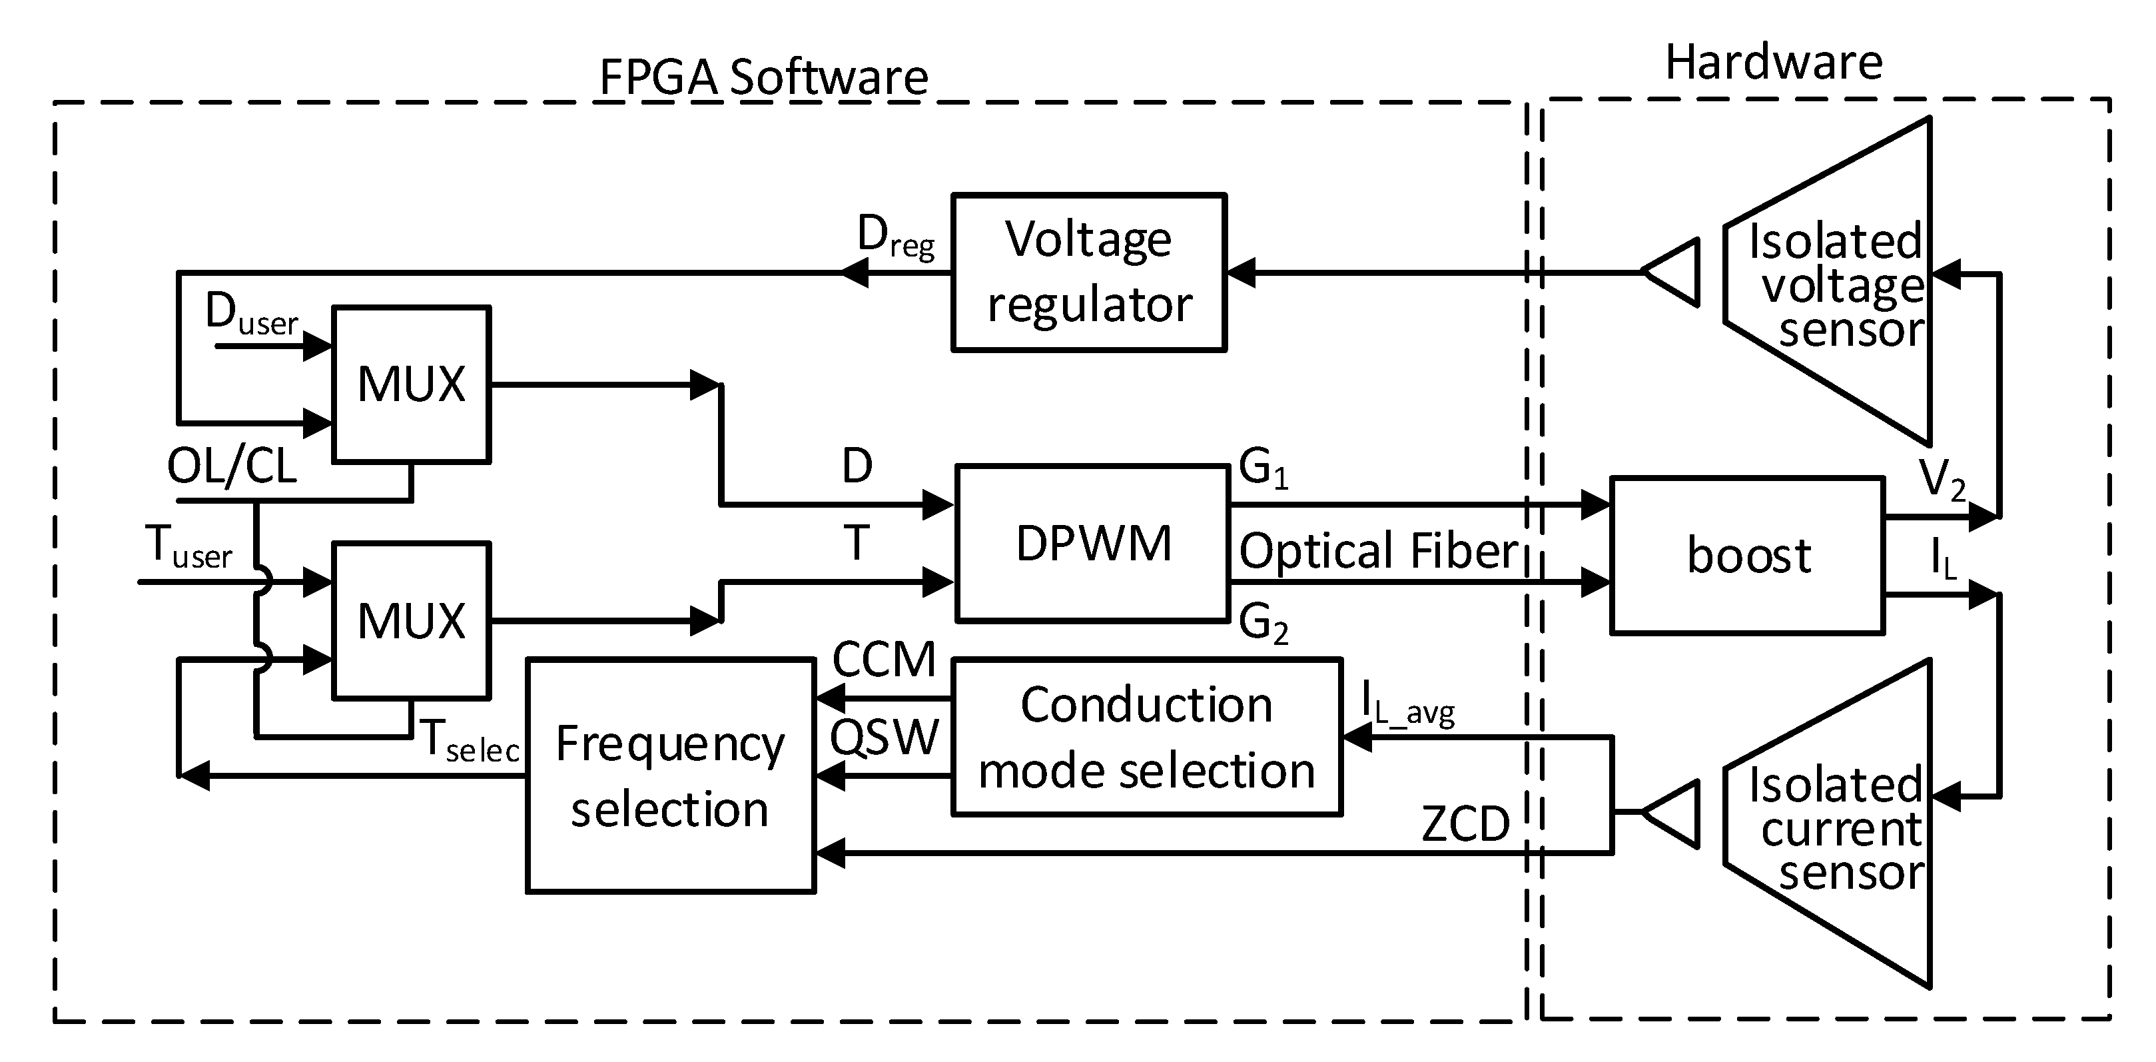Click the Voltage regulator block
pyautogui.click(x=1088, y=272)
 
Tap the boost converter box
pyautogui.click(x=1748, y=555)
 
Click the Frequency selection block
pyautogui.click(x=669, y=776)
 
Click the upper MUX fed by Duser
pyautogui.click(x=411, y=384)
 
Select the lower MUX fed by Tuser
pyautogui.click(x=411, y=620)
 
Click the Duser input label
pyautogui.click(x=251, y=314)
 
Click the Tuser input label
pyautogui.click(x=188, y=546)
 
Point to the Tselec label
pyautogui.click(x=470, y=741)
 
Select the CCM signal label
pyautogui.click(x=883, y=660)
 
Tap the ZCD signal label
pyautogui.click(x=1465, y=823)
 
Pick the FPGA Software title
pyautogui.click(x=763, y=77)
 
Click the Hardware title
pyautogui.click(x=1774, y=62)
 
